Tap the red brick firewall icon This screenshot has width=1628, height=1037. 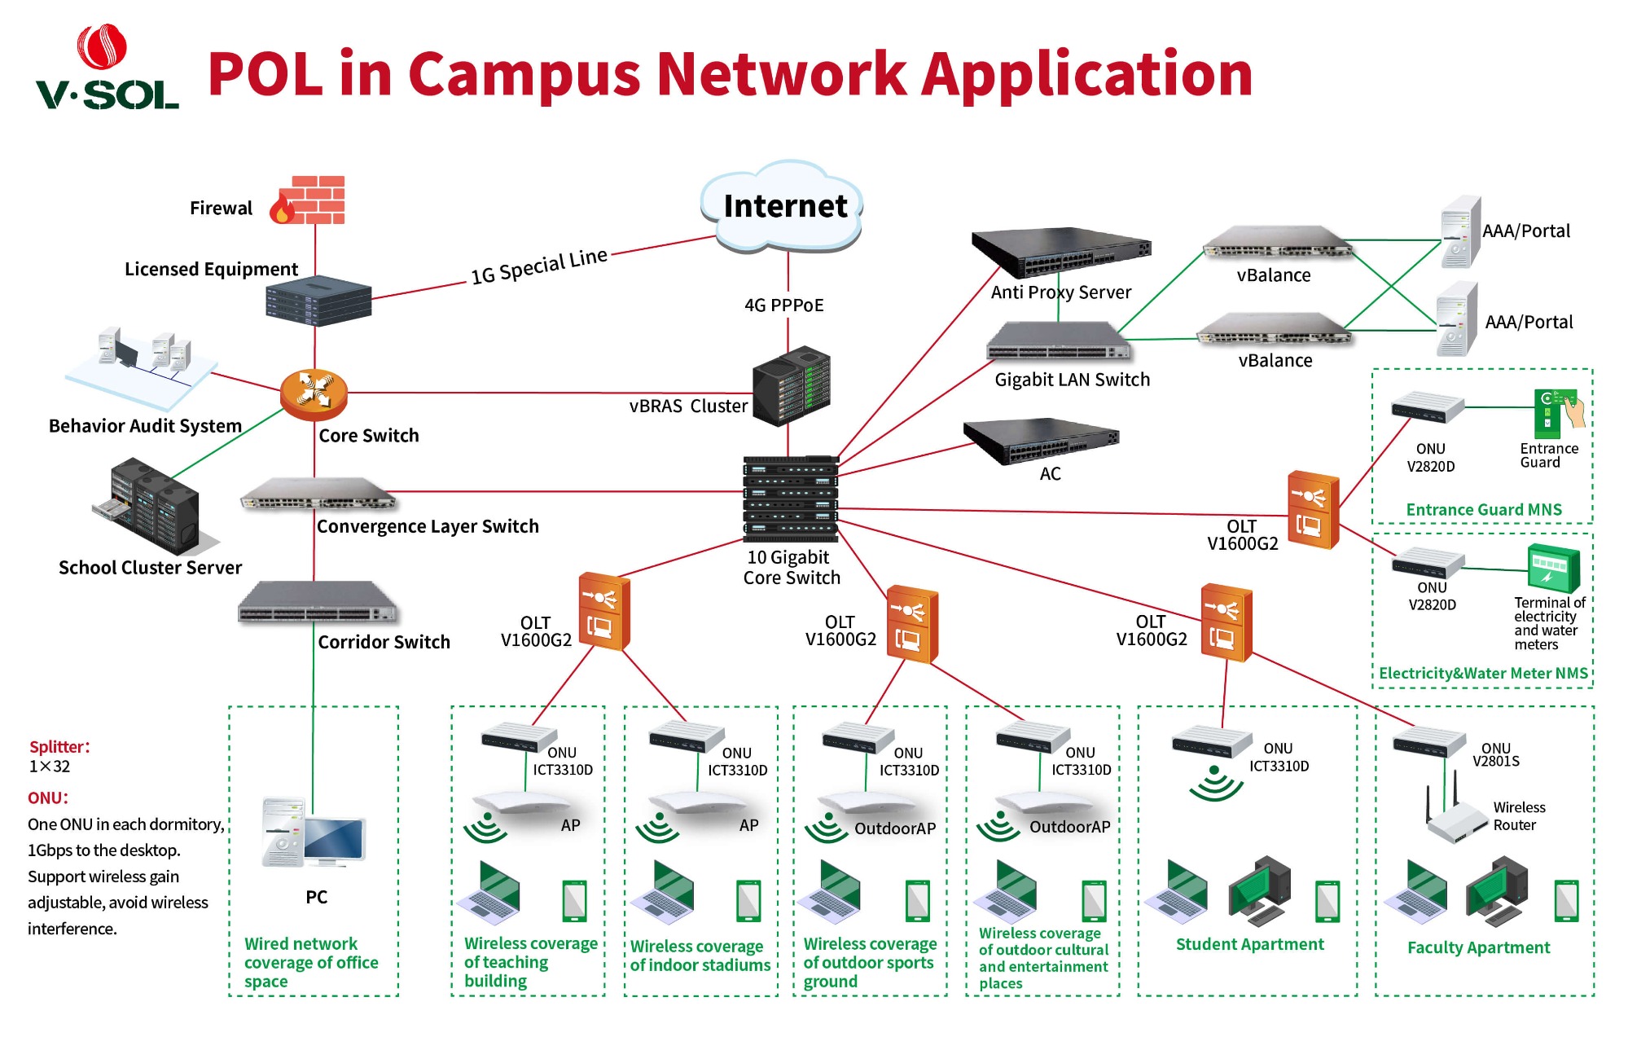point(310,200)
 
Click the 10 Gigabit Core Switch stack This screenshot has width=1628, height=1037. point(790,499)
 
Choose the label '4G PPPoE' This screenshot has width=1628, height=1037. point(783,305)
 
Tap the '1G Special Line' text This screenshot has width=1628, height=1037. point(539,266)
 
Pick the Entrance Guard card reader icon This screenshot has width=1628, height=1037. point(1556,413)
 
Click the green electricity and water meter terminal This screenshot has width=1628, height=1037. point(1553,568)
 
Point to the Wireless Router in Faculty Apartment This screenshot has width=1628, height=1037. point(1458,817)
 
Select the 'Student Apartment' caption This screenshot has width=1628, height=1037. point(1249,944)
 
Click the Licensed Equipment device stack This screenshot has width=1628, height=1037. point(318,301)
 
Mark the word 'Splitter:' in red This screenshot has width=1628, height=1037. point(59,746)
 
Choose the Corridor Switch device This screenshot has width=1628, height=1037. point(317,603)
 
